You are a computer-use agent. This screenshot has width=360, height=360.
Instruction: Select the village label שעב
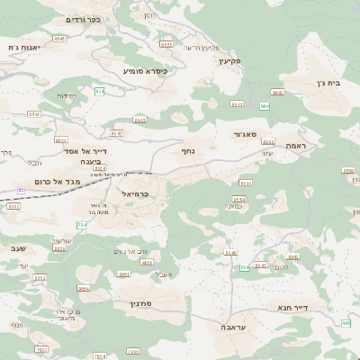pyautogui.click(x=21, y=246)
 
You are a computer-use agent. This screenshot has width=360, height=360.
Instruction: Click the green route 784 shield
pyautogui.click(x=83, y=223)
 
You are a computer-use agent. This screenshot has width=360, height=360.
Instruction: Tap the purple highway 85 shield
pyautogui.click(x=265, y=106)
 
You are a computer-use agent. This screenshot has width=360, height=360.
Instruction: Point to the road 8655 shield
pyautogui.click(x=166, y=43)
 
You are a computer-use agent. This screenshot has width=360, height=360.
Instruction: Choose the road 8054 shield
pyautogui.click(x=84, y=288)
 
